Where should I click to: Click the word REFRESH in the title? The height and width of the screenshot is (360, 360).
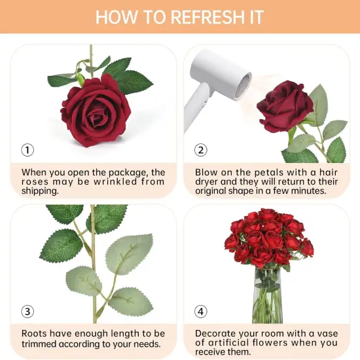pos(207,17)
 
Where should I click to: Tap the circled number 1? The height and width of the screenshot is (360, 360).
pos(27,150)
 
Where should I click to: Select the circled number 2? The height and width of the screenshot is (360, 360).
pos(201,150)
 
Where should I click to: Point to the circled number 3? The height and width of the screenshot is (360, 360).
pos(27,312)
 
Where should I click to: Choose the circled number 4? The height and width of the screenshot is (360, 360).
pos(201,312)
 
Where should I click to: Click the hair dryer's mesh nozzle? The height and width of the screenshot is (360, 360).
pos(243,84)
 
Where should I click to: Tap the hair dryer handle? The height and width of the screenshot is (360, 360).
pos(195,108)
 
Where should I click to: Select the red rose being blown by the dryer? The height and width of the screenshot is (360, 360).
pos(285,106)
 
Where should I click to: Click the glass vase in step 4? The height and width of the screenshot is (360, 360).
pos(268,296)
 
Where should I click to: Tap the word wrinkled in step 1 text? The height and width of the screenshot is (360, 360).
pos(115,181)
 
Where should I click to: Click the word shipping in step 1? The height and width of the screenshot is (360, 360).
pos(40,191)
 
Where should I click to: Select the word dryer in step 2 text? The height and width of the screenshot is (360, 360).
pos(206,181)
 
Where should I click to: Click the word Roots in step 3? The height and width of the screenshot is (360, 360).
pos(34,333)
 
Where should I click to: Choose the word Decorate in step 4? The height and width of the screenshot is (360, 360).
pos(214,333)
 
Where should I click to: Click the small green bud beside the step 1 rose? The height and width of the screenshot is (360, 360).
pos(81,79)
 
